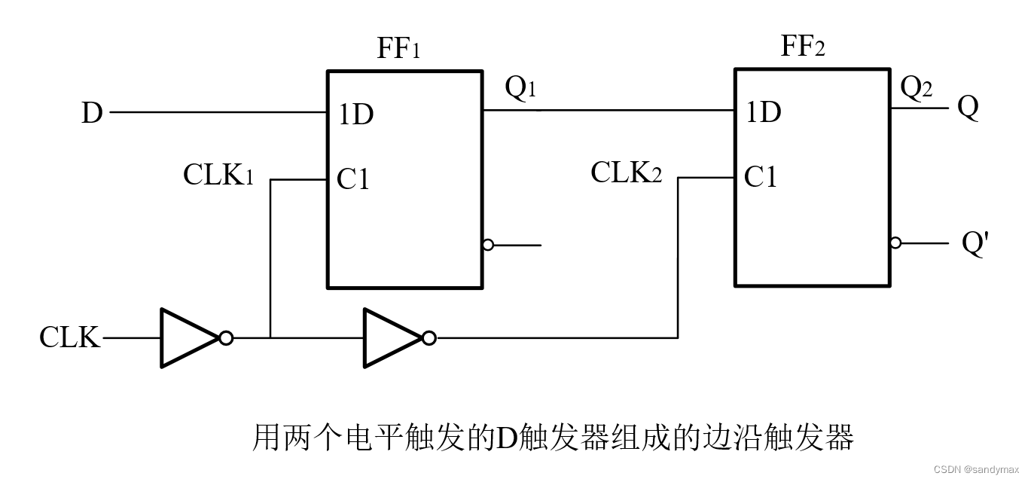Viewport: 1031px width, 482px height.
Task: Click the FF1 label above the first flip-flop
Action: coord(398,50)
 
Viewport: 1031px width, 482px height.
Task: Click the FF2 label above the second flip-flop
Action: coord(803,47)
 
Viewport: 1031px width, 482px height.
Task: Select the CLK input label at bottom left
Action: coord(69,338)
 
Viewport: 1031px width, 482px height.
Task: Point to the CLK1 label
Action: coord(218,175)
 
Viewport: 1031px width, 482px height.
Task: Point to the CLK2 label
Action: coord(626,173)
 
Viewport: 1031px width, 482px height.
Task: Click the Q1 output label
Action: coord(520,89)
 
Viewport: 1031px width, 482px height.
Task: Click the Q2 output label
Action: coord(917,89)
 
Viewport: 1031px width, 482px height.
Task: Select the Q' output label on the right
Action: coord(975,245)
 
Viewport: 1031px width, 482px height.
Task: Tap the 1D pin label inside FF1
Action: coord(355,115)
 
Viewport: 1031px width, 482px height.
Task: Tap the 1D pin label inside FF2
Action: coord(763,112)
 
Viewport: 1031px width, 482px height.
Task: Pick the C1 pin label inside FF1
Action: coord(353,180)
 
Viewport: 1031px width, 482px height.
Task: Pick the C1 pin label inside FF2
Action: coord(761,178)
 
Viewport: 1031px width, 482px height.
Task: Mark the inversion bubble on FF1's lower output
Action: coord(488,245)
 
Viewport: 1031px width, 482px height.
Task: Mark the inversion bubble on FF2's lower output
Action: coord(895,243)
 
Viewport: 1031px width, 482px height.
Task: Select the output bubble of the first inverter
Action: coord(226,338)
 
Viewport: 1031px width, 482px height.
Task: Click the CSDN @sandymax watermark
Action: coord(976,469)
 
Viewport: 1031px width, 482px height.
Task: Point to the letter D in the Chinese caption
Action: coord(504,437)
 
